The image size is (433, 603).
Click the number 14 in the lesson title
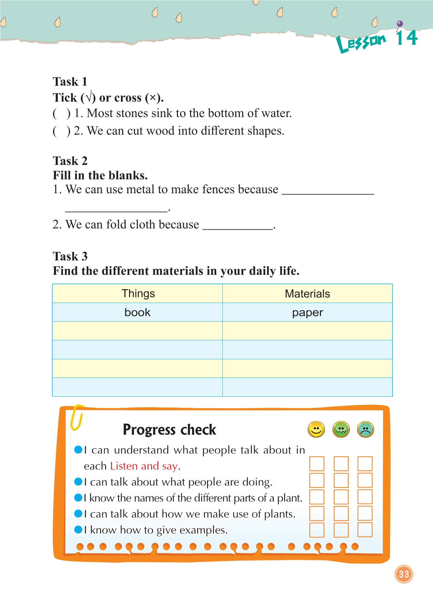[x=407, y=38]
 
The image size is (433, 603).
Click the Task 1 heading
[x=70, y=82]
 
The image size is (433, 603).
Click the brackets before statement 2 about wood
[x=61, y=131]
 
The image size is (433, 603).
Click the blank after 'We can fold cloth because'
[x=238, y=225]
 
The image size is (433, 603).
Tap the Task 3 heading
[x=70, y=256]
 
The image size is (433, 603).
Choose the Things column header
[x=138, y=293]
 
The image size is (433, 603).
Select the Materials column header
[x=307, y=293]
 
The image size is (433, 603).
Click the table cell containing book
[x=137, y=312]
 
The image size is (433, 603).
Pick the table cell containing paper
[x=307, y=312]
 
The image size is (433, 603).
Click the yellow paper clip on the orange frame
[x=77, y=417]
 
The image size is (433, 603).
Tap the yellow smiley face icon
[x=316, y=429]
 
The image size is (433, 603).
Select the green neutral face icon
[x=341, y=429]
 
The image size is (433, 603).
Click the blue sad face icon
[x=365, y=429]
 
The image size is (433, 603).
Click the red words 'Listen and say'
[x=144, y=466]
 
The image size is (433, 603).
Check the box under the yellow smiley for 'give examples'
[x=317, y=530]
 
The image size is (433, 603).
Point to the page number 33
[x=404, y=574]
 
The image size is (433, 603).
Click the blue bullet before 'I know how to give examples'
[x=78, y=529]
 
